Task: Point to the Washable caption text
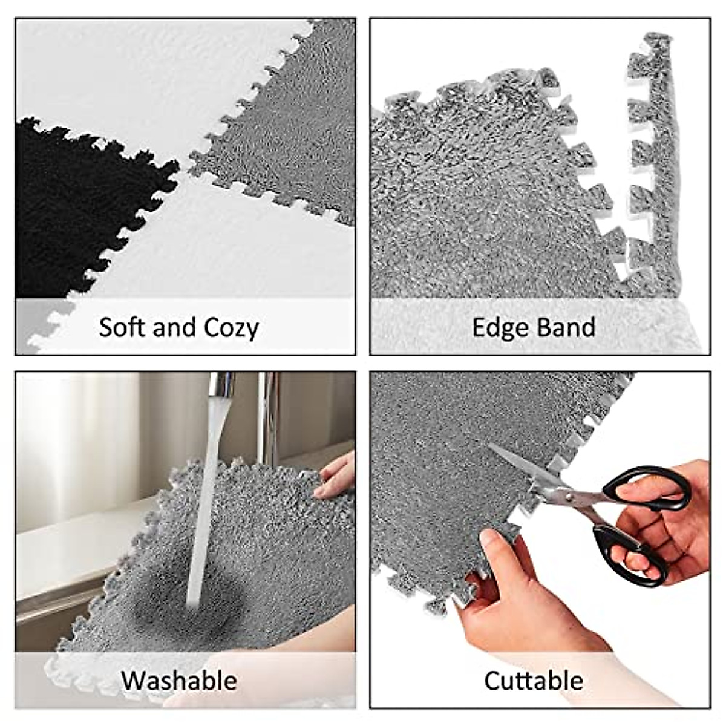click(179, 680)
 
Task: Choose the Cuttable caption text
click(534, 681)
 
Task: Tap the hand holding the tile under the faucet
click(336, 475)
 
